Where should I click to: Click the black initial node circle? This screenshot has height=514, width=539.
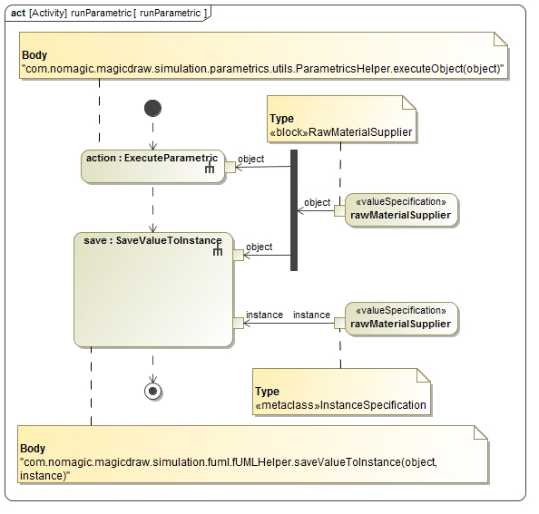click(153, 108)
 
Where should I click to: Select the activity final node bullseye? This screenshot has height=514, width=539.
click(153, 391)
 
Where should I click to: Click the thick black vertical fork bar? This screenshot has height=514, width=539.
click(294, 210)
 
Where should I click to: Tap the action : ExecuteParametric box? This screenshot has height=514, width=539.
click(153, 167)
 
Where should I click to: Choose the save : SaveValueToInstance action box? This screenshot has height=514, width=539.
click(153, 290)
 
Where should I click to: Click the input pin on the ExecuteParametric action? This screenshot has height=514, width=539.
click(230, 167)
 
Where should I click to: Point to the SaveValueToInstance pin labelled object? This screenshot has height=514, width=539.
click(239, 255)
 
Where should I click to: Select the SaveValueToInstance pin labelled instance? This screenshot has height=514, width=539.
click(239, 323)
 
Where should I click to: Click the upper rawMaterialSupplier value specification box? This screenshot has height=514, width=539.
click(401, 209)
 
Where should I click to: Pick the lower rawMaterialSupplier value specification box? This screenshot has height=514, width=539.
click(401, 318)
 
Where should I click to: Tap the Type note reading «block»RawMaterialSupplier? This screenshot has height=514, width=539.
click(342, 119)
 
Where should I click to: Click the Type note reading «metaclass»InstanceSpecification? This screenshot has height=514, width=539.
click(341, 392)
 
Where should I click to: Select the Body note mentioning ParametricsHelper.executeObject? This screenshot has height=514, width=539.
click(264, 55)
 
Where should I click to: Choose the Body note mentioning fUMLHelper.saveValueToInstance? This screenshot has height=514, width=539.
click(252, 454)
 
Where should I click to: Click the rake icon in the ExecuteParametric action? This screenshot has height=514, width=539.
click(210, 168)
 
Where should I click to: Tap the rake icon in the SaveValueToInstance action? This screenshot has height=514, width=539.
click(218, 250)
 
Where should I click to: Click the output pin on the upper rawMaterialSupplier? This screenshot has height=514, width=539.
click(339, 211)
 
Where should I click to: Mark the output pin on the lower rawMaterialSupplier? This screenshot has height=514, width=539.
click(339, 323)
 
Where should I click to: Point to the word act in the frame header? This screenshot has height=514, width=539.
click(18, 13)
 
